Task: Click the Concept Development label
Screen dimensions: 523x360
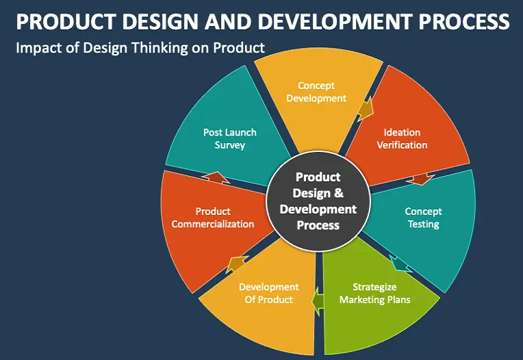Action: [x=316, y=92]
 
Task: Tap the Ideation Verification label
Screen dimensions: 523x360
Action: [x=402, y=139]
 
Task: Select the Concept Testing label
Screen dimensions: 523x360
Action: [x=423, y=218]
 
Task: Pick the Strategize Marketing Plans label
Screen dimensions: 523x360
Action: [x=374, y=294]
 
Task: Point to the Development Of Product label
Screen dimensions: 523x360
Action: [x=269, y=294]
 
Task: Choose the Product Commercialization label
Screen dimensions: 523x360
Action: [x=213, y=218]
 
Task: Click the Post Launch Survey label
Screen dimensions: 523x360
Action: [x=230, y=139]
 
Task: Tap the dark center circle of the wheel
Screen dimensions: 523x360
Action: [x=318, y=201]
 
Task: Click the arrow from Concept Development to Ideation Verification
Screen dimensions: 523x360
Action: [x=366, y=110]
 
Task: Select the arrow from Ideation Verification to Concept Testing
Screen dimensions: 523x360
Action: [x=420, y=179]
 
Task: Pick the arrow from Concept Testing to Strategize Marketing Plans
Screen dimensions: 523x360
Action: [x=400, y=264]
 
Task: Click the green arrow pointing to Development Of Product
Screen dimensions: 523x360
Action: [x=318, y=301]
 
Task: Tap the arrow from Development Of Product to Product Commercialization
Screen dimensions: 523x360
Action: [x=236, y=264]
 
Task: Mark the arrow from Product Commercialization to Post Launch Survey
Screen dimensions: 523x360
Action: [x=216, y=177]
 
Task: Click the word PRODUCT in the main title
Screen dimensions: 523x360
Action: [x=66, y=22]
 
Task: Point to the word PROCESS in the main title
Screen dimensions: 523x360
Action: [x=464, y=22]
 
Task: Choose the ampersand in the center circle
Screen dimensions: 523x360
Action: [x=339, y=193]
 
